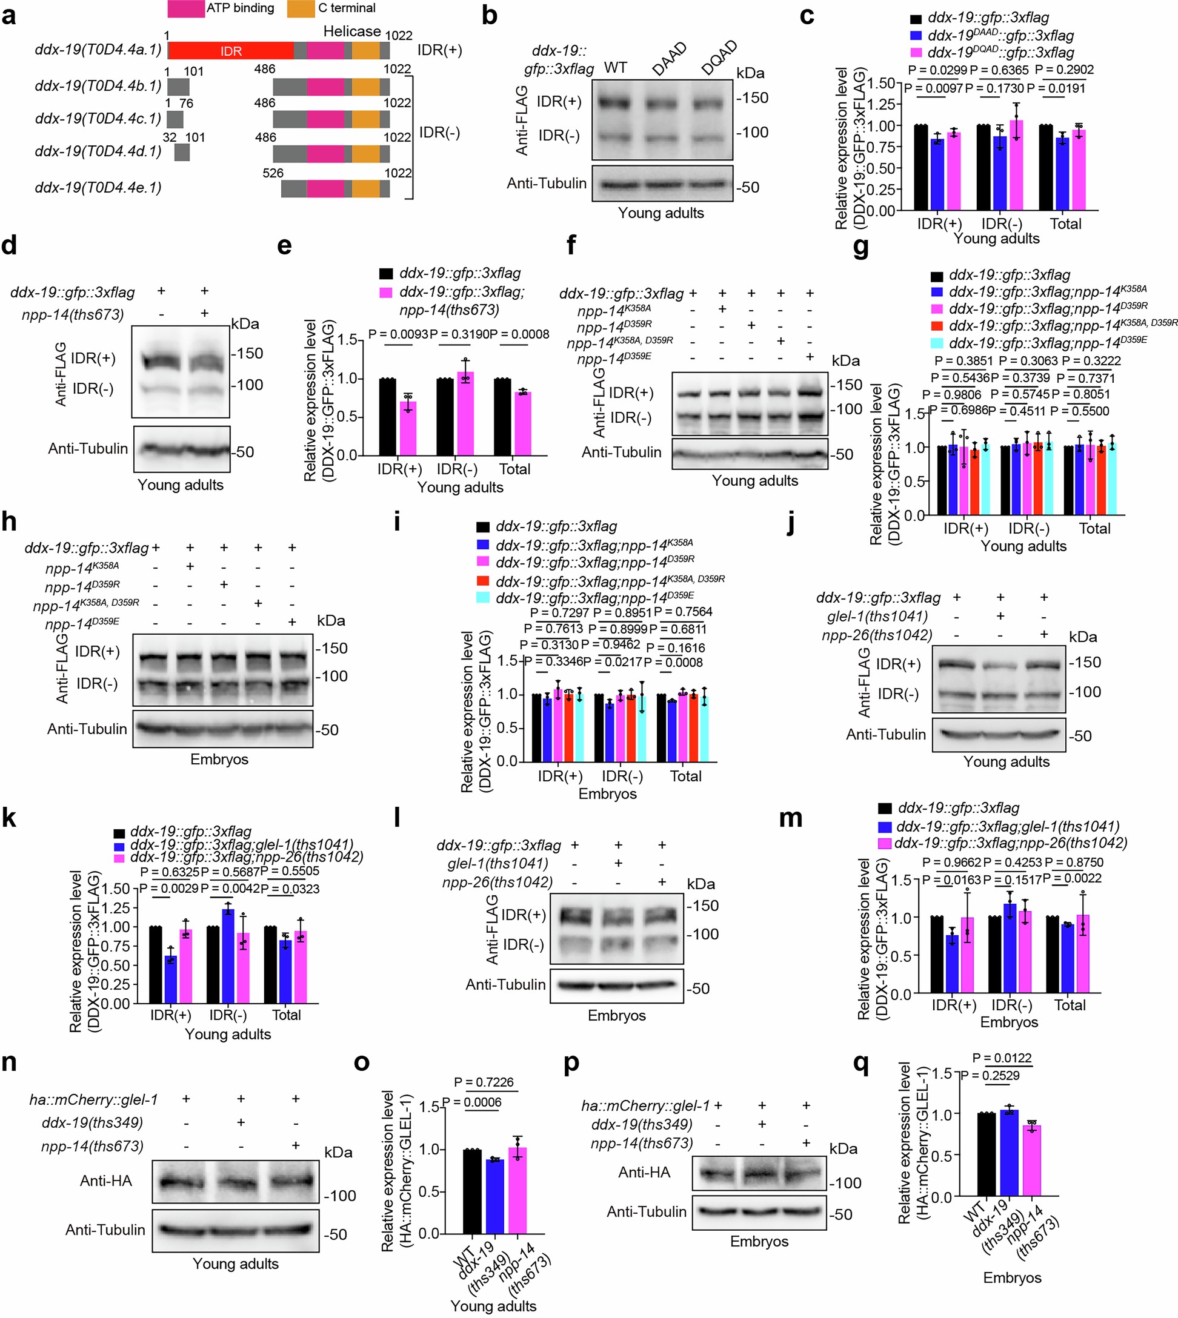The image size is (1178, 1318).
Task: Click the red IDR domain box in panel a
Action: point(230,51)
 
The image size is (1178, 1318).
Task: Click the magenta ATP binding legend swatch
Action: point(186,8)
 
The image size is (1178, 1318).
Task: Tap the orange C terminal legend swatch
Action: point(301,8)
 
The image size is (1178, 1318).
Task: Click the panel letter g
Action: point(861,248)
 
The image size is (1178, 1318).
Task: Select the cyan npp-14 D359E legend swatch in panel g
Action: point(937,343)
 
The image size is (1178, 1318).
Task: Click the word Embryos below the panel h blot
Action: point(219,759)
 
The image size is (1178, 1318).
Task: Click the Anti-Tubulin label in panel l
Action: point(505,984)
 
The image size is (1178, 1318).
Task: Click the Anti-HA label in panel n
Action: point(105,1181)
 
